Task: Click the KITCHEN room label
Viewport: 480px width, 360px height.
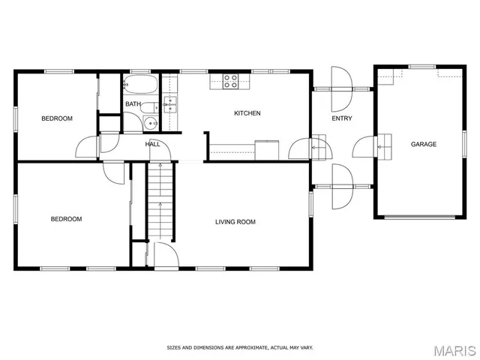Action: point(247,113)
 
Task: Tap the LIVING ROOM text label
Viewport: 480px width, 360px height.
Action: point(235,222)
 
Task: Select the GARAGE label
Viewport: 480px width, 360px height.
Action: point(423,144)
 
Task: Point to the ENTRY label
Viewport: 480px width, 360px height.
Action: point(342,118)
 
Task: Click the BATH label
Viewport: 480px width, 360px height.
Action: point(133,104)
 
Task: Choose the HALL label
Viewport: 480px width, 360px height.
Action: point(152,144)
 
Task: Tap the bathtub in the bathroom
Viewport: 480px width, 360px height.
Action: point(140,84)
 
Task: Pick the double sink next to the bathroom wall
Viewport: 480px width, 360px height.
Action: point(170,103)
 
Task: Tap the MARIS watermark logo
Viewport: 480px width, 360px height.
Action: point(454,349)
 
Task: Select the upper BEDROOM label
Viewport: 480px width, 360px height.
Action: point(57,118)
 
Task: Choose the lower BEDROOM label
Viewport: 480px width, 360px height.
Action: point(66,219)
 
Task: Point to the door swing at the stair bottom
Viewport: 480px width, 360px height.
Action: point(164,254)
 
